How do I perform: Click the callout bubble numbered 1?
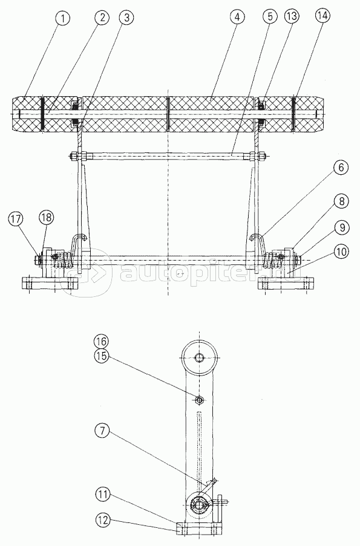(x=62, y=19)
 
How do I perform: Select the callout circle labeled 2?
(x=102, y=18)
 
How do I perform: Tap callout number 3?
(x=126, y=18)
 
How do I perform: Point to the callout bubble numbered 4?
(x=237, y=17)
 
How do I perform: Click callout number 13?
(x=292, y=17)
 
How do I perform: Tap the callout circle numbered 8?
(x=341, y=201)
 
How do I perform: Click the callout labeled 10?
(x=342, y=252)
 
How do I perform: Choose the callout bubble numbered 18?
(x=47, y=218)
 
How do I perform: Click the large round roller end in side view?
(x=200, y=357)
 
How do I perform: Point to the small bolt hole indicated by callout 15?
(x=200, y=400)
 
